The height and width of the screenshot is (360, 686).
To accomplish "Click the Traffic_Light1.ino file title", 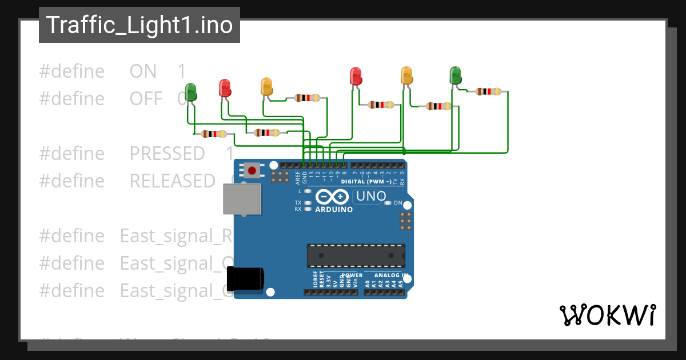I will [139, 25].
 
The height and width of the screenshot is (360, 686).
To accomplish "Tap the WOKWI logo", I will [607, 315].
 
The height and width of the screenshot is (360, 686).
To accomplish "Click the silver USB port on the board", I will [241, 199].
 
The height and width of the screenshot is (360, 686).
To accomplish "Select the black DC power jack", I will [246, 279].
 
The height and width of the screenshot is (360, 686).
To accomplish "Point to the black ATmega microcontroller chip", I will [356, 255].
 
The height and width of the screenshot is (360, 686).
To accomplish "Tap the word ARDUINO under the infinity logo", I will [334, 209].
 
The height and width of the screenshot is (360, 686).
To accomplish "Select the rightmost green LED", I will [455, 75].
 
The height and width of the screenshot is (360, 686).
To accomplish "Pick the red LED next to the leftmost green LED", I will [225, 88].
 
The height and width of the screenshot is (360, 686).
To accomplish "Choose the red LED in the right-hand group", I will [356, 76].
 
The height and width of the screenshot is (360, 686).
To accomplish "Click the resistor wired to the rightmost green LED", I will [488, 91].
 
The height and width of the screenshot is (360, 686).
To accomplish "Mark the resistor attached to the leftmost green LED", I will [213, 134].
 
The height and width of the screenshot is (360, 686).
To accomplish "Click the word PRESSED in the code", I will [167, 154].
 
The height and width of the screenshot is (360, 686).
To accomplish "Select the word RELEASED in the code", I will [172, 181].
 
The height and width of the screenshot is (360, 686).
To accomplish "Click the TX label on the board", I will [298, 203].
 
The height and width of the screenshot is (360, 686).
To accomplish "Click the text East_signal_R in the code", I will [174, 236].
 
